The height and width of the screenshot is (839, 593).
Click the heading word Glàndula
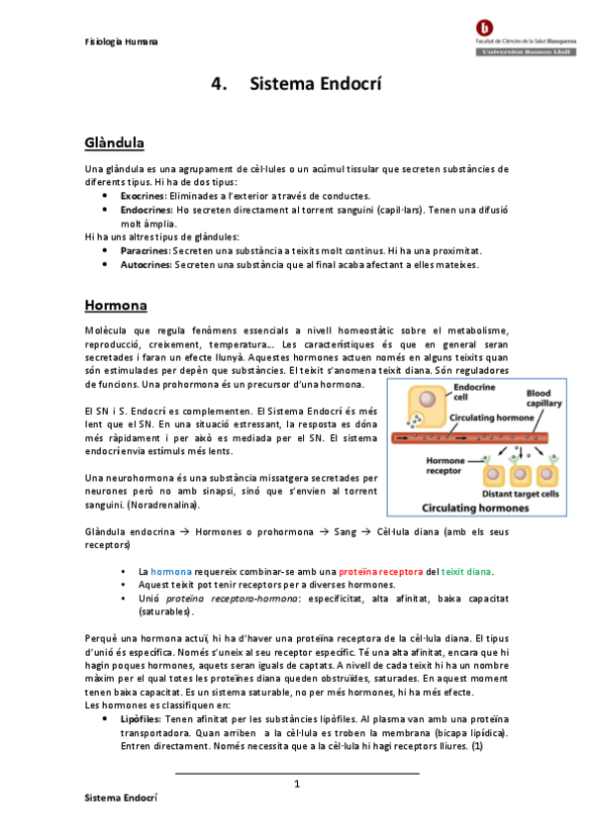click(116, 143)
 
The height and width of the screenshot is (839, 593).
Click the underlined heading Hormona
click(115, 304)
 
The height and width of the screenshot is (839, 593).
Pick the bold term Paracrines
click(146, 251)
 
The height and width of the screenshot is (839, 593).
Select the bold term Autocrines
click(147, 265)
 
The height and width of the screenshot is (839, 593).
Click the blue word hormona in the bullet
click(171, 572)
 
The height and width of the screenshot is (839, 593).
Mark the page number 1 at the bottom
click(296, 784)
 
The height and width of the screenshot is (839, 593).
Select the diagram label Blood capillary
click(544, 398)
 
